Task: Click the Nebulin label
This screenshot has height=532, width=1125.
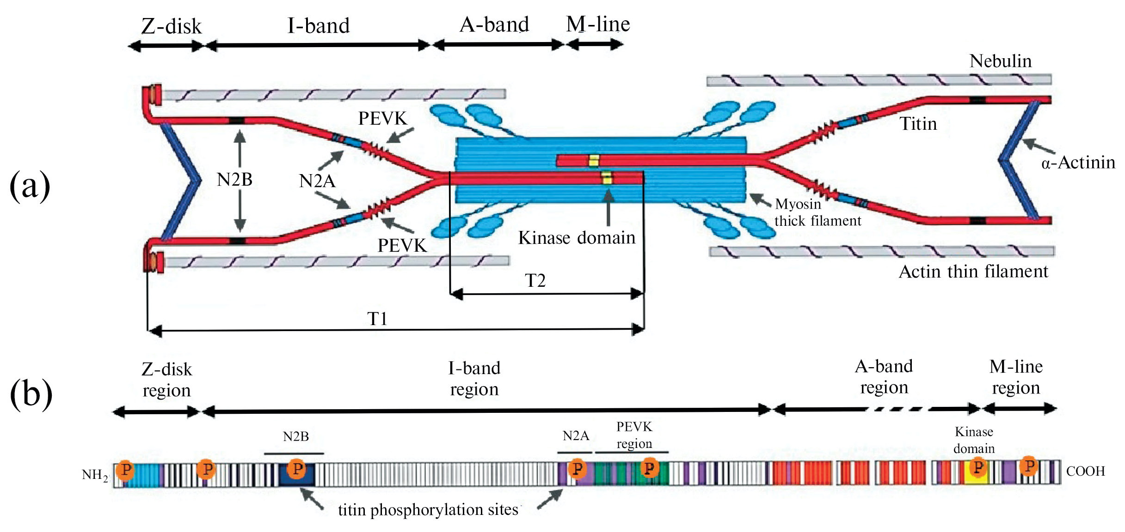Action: coord(1000,61)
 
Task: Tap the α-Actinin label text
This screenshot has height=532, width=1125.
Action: coord(1078,163)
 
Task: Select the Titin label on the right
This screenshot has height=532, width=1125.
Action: coord(918,124)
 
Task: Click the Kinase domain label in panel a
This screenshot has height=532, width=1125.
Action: coord(577,238)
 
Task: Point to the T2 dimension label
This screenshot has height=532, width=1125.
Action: coord(535,280)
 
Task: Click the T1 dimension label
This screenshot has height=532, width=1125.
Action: coord(377,319)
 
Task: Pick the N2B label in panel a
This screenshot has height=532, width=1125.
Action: coord(234,180)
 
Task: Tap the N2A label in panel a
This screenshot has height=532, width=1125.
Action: coord(317,181)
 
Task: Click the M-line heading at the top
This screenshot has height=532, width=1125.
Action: coord(598,24)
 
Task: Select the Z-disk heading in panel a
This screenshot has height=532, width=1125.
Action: coord(171,26)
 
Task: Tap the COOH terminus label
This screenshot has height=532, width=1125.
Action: coord(1085,471)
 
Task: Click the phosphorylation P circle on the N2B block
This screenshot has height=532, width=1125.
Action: coord(297,469)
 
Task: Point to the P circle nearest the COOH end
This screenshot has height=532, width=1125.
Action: coord(1029,465)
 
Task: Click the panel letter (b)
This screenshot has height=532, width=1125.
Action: coord(31,393)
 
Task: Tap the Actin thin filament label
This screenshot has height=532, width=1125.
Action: coord(973,272)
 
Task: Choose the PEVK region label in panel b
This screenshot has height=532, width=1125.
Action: coord(634,435)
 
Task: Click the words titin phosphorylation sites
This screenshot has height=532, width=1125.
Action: coord(428,510)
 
